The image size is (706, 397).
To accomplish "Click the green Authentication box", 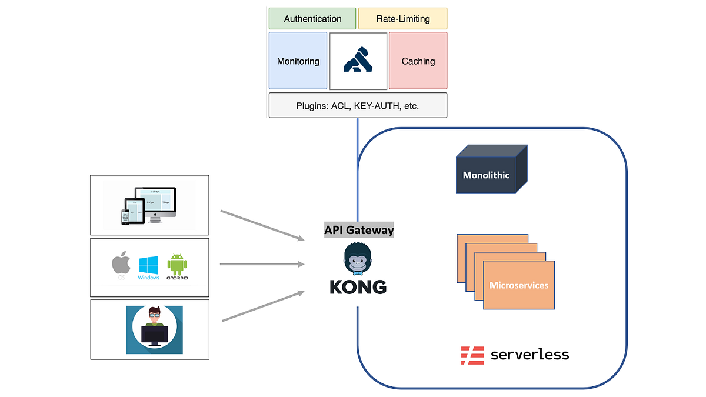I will (312, 19).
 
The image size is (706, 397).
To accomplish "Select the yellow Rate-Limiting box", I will (403, 19).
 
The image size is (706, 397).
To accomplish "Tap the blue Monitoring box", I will (298, 61).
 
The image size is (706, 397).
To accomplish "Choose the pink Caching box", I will (418, 61).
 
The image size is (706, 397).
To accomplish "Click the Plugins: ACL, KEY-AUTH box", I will (358, 106).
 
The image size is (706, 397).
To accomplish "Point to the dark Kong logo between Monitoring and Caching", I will (358, 61).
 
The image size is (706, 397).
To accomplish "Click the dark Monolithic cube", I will (486, 175).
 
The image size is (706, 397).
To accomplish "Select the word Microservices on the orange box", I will (519, 285).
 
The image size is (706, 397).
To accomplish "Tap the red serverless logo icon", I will (472, 355).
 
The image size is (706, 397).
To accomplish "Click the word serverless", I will (529, 355).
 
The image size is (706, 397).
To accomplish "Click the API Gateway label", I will (359, 231).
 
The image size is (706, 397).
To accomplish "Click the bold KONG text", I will (358, 287).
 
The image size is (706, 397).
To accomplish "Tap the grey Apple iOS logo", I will (121, 265).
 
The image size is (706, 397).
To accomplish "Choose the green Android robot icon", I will (177, 265).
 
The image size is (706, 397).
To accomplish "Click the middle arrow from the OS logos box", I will (262, 264).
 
